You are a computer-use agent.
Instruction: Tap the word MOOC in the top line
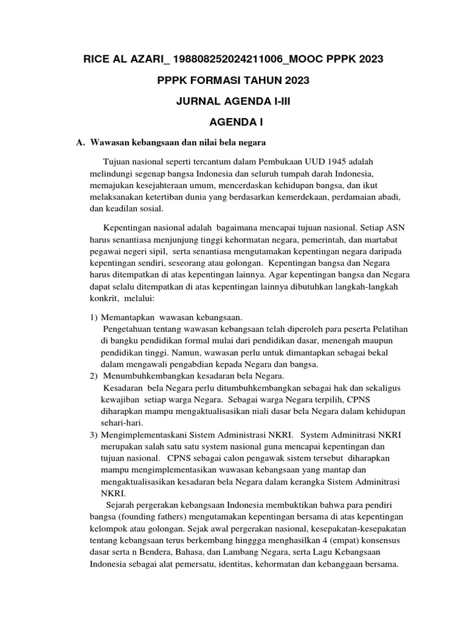[x=324, y=59]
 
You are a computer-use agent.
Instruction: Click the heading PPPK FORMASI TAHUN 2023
[x=233, y=80]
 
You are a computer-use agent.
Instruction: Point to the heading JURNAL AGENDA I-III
[x=233, y=102]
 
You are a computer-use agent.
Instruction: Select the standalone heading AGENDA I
[x=233, y=123]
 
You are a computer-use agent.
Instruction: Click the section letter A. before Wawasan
[x=80, y=142]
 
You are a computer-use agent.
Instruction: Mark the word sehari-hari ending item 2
[x=119, y=424]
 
